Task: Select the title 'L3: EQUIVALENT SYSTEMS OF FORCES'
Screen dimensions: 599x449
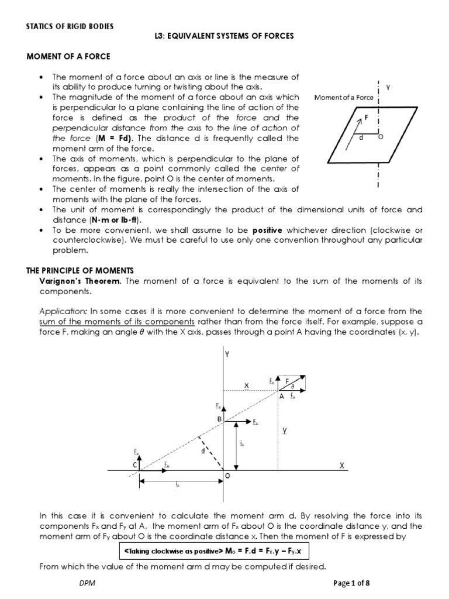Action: coord(224,36)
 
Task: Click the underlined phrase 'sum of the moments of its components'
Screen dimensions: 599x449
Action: coord(116,322)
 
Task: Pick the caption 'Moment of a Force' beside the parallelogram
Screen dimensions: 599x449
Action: coord(344,98)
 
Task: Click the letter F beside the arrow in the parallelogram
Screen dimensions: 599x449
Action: coord(367,118)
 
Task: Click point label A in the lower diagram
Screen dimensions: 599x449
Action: coord(281,396)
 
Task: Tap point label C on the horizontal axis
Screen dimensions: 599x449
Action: coord(134,464)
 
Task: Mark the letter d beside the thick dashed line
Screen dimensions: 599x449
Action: coord(202,450)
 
